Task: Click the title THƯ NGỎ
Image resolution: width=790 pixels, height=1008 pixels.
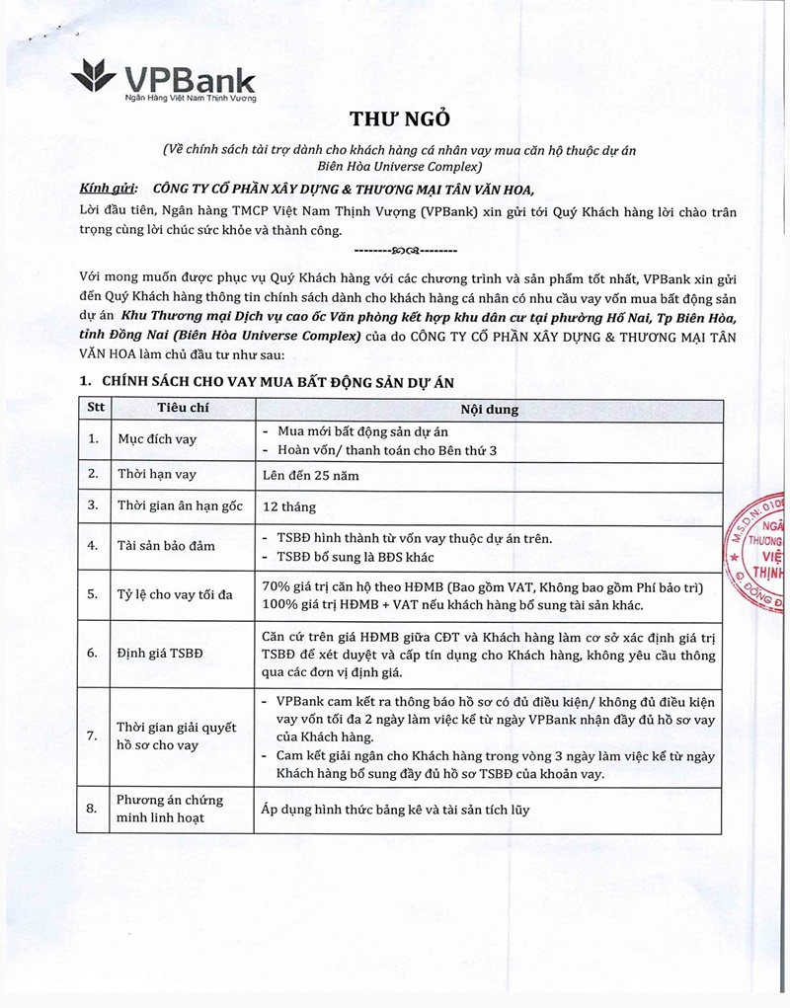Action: pyautogui.click(x=400, y=119)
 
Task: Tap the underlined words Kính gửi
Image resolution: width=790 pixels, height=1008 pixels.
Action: pyautogui.click(x=103, y=190)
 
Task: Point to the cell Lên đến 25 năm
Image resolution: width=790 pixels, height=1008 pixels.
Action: pyautogui.click(x=310, y=474)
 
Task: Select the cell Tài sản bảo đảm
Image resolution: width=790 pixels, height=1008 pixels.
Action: pyautogui.click(x=166, y=545)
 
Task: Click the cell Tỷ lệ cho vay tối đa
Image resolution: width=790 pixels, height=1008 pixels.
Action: pyautogui.click(x=176, y=594)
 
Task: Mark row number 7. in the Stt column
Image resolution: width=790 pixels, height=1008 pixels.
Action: pyautogui.click(x=92, y=737)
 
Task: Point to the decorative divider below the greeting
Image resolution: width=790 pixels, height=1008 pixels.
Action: pyautogui.click(x=398, y=249)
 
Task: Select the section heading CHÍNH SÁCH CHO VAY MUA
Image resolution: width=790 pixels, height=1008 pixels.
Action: pyautogui.click(x=267, y=381)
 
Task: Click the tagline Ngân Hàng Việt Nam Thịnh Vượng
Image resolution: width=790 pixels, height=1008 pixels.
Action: pyautogui.click(x=183, y=100)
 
